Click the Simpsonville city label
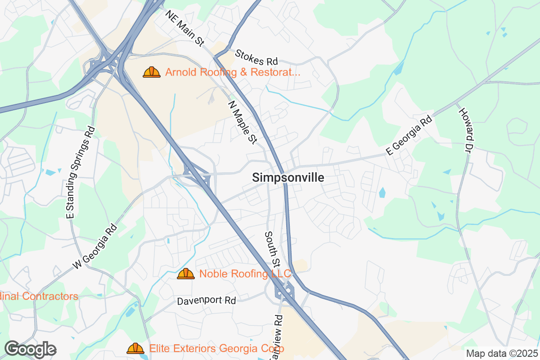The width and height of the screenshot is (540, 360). pyautogui.click(x=288, y=178)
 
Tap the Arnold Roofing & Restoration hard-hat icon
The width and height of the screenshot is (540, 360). pyautogui.click(x=152, y=72)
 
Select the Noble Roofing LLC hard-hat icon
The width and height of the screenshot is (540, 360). pyautogui.click(x=186, y=274)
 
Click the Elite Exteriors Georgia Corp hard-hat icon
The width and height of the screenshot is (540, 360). pyautogui.click(x=135, y=348)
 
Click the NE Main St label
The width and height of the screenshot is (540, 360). pyautogui.click(x=184, y=28)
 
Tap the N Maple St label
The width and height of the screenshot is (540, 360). pyautogui.click(x=242, y=122)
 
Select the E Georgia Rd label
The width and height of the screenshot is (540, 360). pyautogui.click(x=409, y=135)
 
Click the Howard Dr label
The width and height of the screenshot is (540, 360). pyautogui.click(x=467, y=129)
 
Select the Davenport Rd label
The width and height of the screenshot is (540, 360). pyautogui.click(x=207, y=300)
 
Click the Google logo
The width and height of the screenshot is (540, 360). pyautogui.click(x=31, y=349)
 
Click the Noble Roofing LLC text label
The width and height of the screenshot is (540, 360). pyautogui.click(x=245, y=274)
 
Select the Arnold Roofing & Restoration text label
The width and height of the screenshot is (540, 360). pyautogui.click(x=233, y=72)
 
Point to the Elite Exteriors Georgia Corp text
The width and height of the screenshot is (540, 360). pyautogui.click(x=216, y=348)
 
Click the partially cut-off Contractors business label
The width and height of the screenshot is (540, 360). pyautogui.click(x=39, y=296)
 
